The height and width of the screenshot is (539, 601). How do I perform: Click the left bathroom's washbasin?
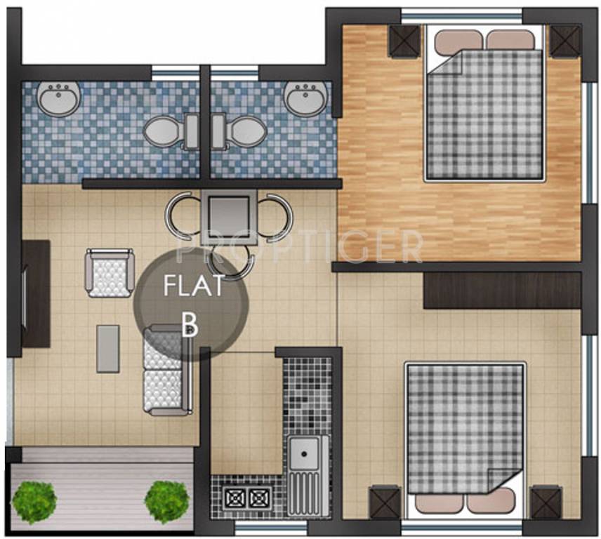click(58, 98)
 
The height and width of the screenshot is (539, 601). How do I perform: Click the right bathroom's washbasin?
click(304, 97)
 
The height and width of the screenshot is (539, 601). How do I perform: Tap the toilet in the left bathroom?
click(164, 131)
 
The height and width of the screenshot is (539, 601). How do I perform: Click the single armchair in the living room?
click(110, 272)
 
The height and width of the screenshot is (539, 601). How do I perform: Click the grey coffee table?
click(107, 348)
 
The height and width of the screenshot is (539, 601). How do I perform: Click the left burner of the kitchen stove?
click(234, 498)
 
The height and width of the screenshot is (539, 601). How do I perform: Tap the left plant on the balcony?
click(34, 500)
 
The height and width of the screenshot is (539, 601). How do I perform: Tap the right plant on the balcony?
click(167, 500)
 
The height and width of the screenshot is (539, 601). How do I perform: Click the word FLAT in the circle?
click(193, 286)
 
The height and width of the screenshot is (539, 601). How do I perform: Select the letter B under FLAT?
click(188, 324)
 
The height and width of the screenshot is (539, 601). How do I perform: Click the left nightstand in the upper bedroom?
click(404, 40)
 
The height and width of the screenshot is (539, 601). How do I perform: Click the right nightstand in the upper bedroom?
click(564, 40)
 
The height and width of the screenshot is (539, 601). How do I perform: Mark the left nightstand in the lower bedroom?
click(384, 503)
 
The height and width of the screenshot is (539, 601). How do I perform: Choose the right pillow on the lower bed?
click(491, 500)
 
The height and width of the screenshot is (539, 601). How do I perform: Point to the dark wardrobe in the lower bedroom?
click(502, 290)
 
